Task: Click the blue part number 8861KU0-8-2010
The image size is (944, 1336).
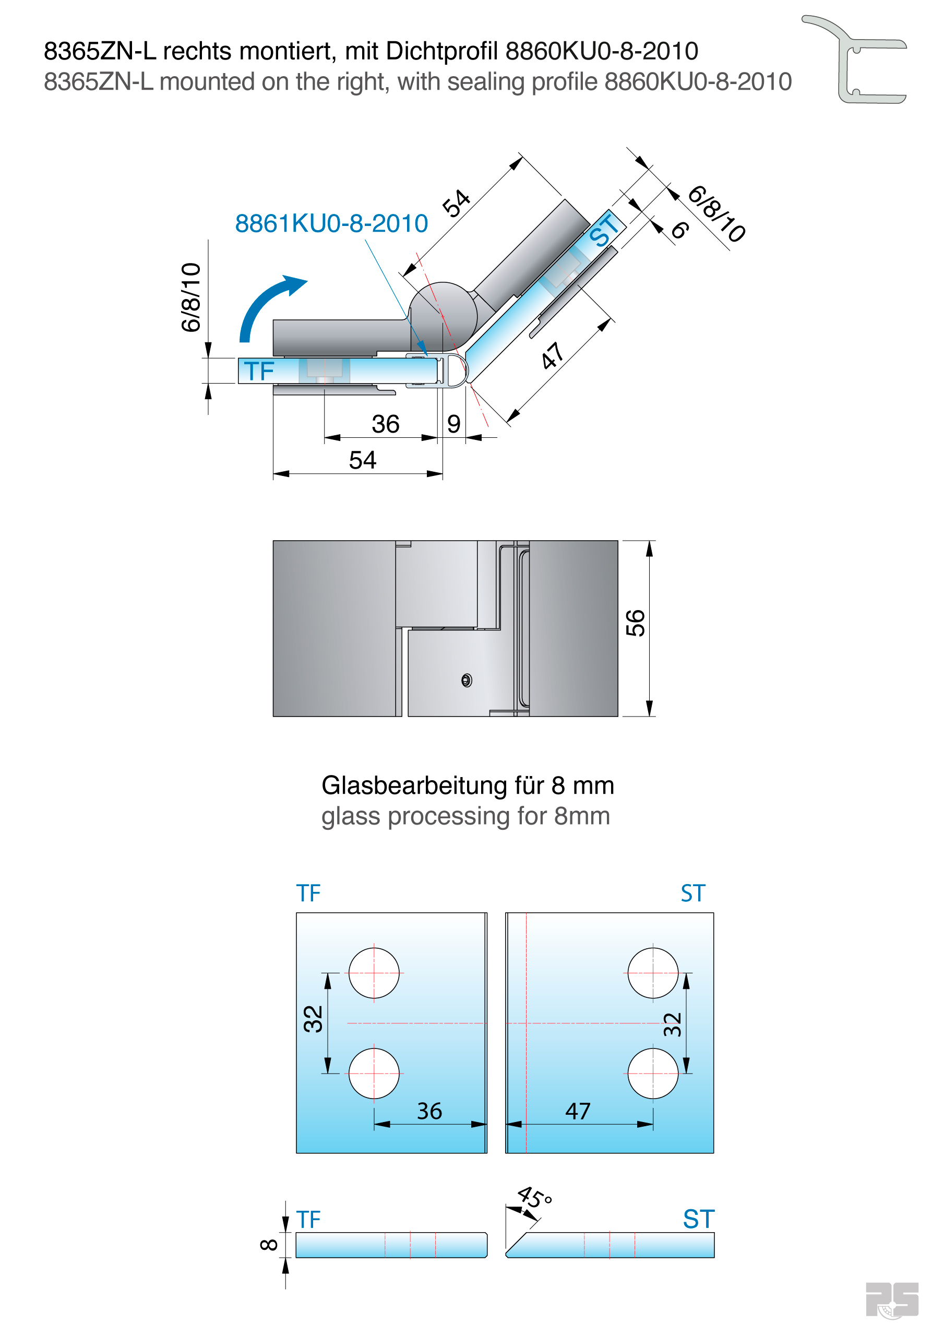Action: click(x=331, y=223)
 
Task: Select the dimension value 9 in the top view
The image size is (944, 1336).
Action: click(x=453, y=424)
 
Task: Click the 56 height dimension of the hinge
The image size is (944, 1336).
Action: click(x=635, y=623)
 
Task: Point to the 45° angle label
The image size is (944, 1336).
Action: click(x=534, y=1198)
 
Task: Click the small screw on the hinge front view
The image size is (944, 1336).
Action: click(x=466, y=679)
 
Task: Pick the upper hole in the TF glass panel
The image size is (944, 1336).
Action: click(x=374, y=973)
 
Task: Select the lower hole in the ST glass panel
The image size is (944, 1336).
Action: click(x=652, y=1073)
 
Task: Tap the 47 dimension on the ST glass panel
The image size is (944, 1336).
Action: click(x=577, y=1112)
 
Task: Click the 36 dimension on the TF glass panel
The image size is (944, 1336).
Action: click(x=429, y=1112)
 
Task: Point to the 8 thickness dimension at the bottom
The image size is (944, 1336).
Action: click(x=269, y=1245)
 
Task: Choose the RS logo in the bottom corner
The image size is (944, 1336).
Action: click(x=892, y=1300)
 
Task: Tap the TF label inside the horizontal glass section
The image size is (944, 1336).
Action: click(x=259, y=371)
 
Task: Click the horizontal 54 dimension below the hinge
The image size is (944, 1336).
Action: click(x=362, y=460)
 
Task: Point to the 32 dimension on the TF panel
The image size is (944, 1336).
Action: click(x=313, y=1019)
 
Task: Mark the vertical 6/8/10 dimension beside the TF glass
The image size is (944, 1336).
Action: click(x=191, y=297)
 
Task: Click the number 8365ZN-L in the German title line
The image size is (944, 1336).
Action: click(x=100, y=51)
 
